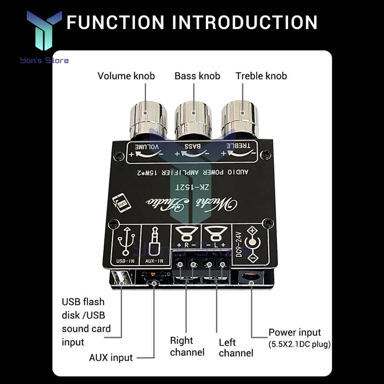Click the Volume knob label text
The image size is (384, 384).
(x=126, y=76)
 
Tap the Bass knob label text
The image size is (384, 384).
(x=197, y=76)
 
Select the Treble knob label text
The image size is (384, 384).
(x=261, y=76)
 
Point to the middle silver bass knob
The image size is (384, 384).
(x=193, y=119)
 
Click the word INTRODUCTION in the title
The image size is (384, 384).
(x=244, y=22)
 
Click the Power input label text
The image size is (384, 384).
(x=295, y=332)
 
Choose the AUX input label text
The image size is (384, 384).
(x=111, y=358)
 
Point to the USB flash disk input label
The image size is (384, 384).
(x=86, y=322)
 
